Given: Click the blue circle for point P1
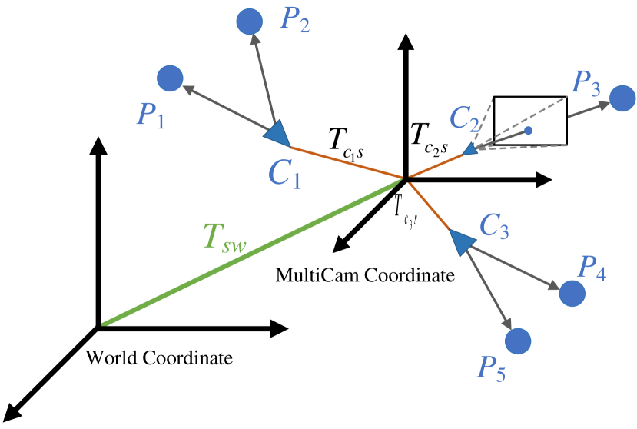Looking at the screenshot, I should coord(170,78).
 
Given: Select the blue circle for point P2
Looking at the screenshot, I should coord(249,22).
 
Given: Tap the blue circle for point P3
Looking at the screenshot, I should coord(622,99).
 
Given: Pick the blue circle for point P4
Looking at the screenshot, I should coord(572,293).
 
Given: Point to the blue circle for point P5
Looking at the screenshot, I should coord(518,341).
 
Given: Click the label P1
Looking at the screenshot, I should coord(151,115).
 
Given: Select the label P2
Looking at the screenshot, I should coord(295,20).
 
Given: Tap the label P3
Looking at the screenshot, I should coord(588,81).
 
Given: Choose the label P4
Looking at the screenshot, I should coord(592,267).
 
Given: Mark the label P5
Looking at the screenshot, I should coord(492,368).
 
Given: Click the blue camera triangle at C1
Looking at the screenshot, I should coord(277,134).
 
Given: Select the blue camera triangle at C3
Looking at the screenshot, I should coord(460,241).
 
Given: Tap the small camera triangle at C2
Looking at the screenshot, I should coord(471,150).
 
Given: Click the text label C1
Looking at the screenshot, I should coord(284,175).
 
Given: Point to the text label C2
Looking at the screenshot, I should coord(465,118).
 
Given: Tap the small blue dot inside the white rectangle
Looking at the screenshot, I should coord(528,131).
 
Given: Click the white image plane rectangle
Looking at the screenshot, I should coord(538,111).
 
